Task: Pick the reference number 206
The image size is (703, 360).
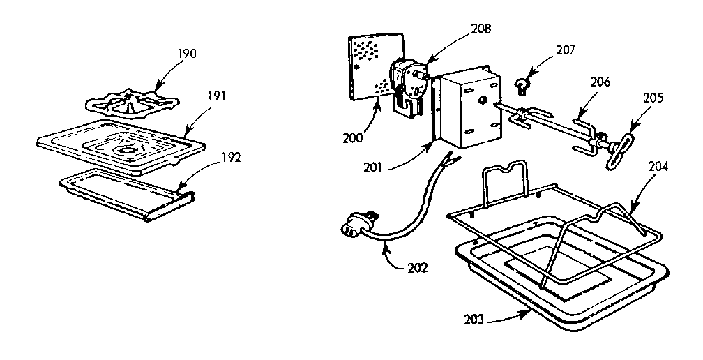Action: click(600, 82)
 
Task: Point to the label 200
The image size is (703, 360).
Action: click(353, 138)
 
